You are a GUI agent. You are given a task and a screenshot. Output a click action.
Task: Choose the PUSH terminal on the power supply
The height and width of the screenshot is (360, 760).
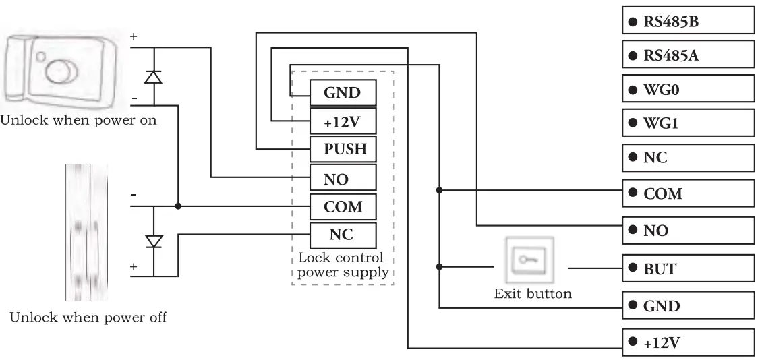(x=343, y=149)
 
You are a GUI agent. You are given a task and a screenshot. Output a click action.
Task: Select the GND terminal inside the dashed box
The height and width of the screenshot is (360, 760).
(x=343, y=92)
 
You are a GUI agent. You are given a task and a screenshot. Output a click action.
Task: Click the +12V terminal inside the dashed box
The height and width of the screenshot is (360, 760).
(x=343, y=121)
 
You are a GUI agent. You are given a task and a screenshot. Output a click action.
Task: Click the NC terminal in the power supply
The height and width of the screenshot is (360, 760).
(x=343, y=235)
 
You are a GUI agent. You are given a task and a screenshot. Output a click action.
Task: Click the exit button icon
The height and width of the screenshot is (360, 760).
(x=529, y=260)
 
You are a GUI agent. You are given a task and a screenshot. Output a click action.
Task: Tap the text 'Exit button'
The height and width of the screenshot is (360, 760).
(x=533, y=293)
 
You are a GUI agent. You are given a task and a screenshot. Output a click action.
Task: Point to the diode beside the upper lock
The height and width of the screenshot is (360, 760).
(x=154, y=76)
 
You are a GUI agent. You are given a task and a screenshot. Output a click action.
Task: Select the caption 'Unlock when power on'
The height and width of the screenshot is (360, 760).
(x=79, y=122)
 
